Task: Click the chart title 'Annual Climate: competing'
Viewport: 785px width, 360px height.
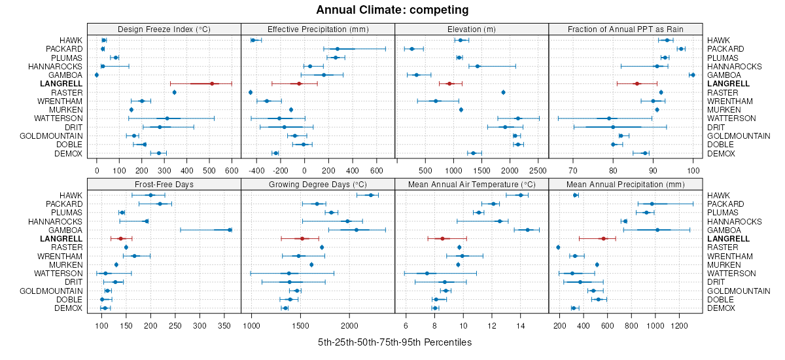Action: [x=392, y=10]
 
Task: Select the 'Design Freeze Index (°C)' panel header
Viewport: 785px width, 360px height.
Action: [x=164, y=29]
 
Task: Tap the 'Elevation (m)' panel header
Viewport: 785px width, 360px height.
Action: [x=472, y=29]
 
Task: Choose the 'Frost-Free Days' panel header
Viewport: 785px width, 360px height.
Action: [x=164, y=184]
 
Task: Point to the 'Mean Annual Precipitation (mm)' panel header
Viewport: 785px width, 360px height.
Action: [x=625, y=184]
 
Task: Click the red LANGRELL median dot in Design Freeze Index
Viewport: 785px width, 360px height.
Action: [x=212, y=84]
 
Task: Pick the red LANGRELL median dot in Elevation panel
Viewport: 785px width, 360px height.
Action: [x=449, y=84]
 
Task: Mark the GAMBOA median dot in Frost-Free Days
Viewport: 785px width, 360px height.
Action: [x=229, y=230]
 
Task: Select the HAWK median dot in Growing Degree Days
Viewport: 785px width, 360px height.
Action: [x=370, y=195]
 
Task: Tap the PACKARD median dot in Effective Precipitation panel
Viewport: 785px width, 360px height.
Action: [x=338, y=49]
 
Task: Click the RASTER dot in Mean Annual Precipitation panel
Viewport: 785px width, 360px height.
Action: [x=558, y=247]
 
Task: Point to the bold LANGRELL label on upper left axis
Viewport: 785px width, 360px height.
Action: [x=61, y=84]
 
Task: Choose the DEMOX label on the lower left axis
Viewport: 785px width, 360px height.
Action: [x=69, y=308]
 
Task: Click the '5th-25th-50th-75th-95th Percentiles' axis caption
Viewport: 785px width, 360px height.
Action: [x=394, y=342]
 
